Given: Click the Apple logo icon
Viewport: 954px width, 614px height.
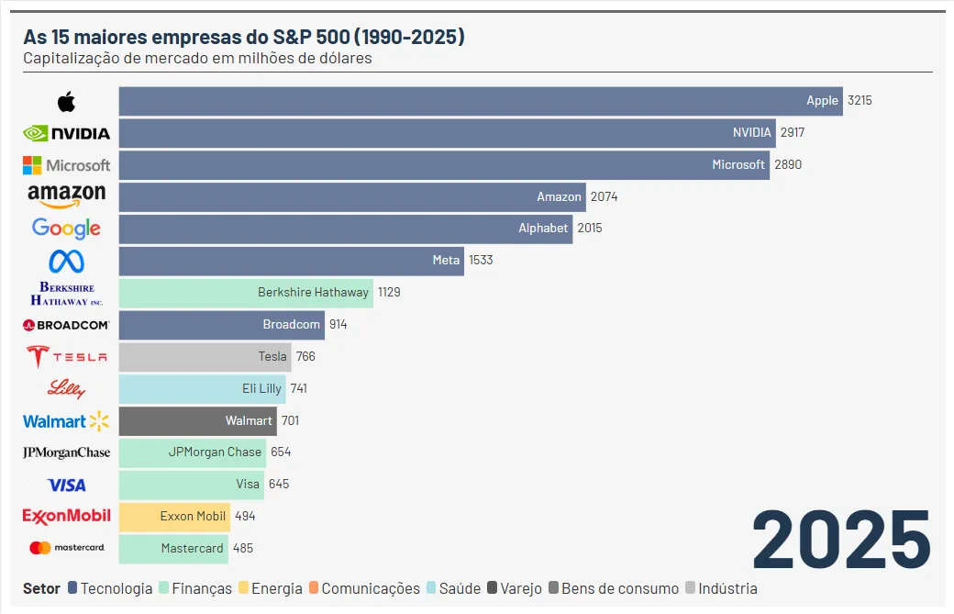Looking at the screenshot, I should tap(66, 101).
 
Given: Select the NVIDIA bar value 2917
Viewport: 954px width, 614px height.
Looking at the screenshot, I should tap(793, 133).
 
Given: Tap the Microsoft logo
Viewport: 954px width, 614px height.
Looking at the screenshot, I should tap(66, 165).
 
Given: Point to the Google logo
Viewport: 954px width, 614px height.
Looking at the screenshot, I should tap(66, 229).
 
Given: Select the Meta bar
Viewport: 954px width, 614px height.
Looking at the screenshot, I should tap(292, 261).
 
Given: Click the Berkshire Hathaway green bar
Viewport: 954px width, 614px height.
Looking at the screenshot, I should tap(246, 293).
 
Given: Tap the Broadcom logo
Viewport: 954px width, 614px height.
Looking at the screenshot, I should tap(66, 325).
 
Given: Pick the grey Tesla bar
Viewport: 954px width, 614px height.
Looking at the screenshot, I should tap(205, 357).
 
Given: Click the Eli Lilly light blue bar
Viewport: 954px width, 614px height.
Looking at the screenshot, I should tap(202, 389).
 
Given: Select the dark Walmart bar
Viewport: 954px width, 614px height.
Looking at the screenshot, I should tap(197, 421).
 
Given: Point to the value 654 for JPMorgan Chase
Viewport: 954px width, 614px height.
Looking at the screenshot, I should tap(281, 452).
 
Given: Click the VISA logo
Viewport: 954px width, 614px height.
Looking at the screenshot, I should tap(66, 485).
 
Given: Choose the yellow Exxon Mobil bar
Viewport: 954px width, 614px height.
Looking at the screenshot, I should tap(174, 517).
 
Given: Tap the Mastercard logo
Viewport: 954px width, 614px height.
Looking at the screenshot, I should tap(66, 548).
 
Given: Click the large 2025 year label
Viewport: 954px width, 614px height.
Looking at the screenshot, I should tap(841, 541).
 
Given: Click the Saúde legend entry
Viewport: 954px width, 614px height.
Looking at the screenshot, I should tap(460, 589).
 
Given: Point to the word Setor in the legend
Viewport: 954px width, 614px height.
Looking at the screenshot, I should tap(41, 589).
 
